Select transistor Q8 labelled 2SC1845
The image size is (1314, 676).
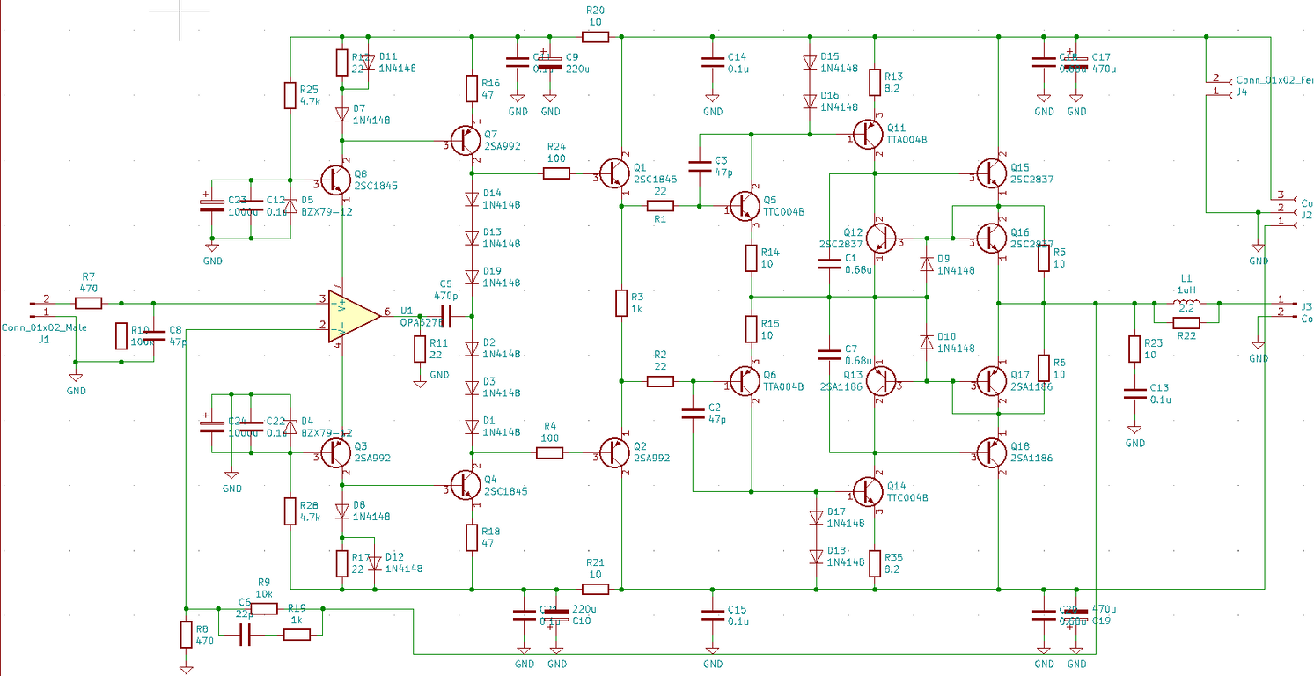click(334, 180)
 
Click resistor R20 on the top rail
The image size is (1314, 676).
click(596, 37)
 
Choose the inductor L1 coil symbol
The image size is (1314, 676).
click(1186, 305)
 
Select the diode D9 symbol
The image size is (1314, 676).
click(926, 263)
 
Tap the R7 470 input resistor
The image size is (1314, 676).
click(88, 304)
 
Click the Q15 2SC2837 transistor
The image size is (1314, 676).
click(993, 173)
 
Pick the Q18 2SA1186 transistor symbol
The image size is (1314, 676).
click(993, 453)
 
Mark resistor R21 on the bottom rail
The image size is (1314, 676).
click(596, 589)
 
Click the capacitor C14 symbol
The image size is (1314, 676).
click(713, 63)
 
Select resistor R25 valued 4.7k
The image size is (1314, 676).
click(290, 95)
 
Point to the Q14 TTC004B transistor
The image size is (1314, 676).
click(870, 490)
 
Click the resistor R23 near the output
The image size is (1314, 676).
click(1134, 349)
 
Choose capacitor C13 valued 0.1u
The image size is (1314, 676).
click(1134, 394)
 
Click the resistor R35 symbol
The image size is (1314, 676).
click(875, 562)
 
